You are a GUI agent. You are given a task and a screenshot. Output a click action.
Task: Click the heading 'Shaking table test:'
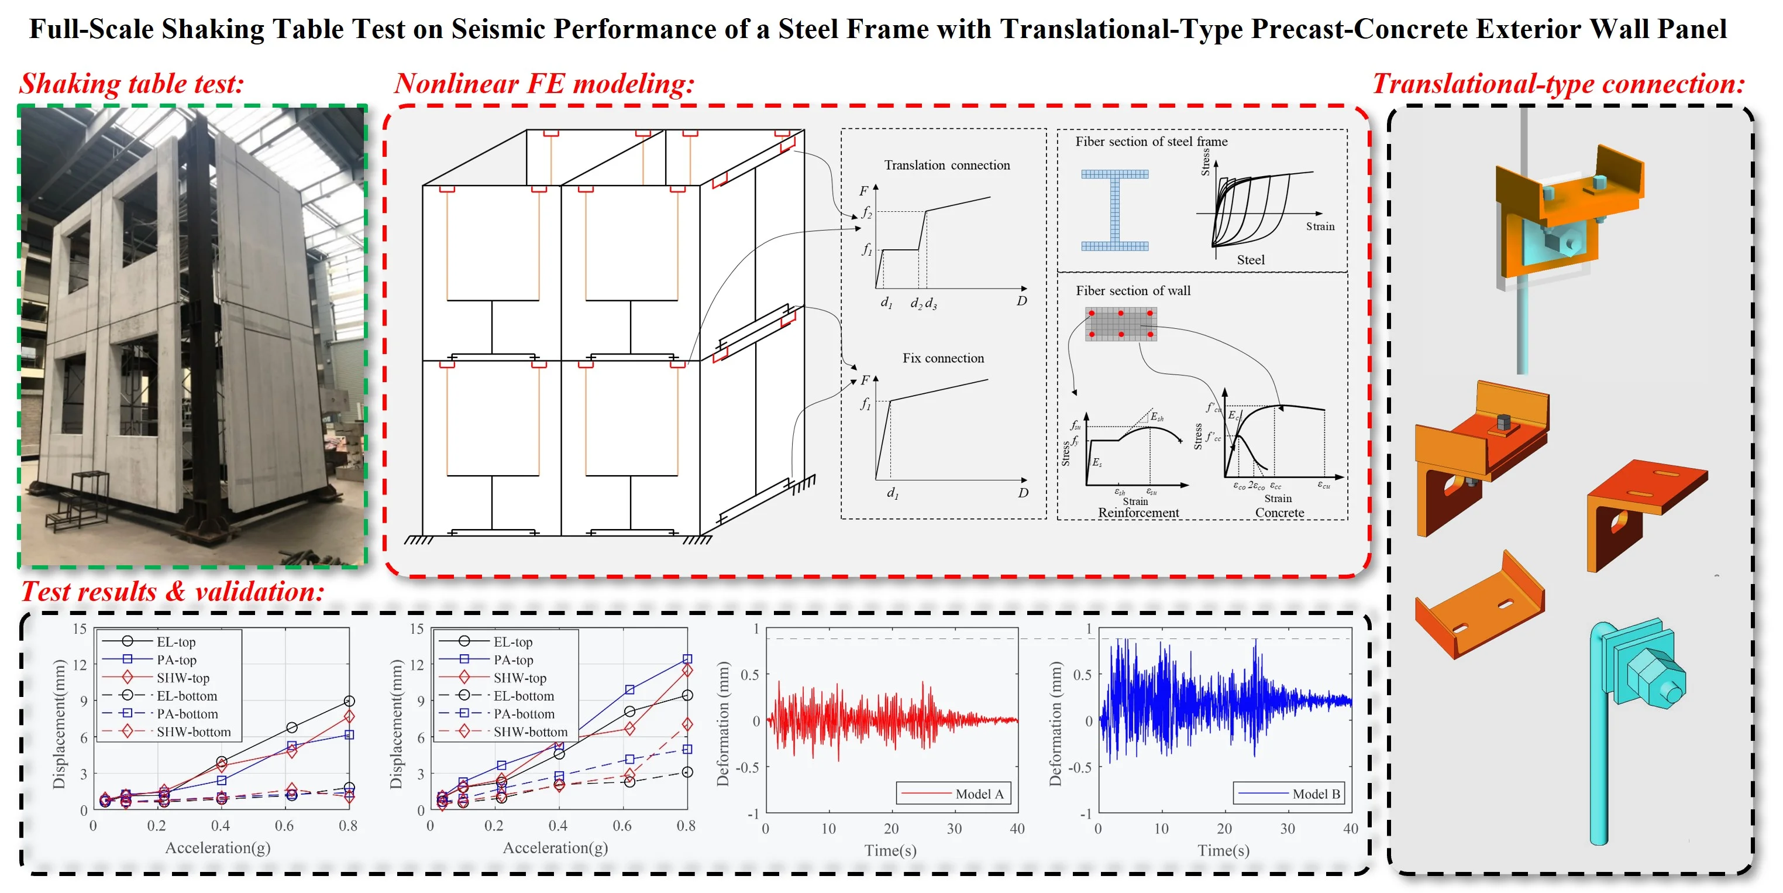click(x=132, y=84)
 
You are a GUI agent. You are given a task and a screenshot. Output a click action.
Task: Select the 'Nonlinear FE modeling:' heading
click(x=545, y=84)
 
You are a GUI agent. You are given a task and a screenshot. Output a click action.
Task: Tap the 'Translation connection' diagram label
click(x=947, y=165)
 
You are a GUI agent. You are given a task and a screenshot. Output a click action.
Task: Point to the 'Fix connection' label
click(x=943, y=358)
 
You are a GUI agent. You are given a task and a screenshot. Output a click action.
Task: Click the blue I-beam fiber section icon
click(x=1114, y=209)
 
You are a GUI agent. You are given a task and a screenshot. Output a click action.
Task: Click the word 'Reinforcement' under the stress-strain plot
click(x=1138, y=512)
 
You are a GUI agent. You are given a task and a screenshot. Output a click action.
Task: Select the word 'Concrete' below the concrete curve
click(x=1280, y=512)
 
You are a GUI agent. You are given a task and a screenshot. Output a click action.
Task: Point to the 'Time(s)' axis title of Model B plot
click(x=1224, y=850)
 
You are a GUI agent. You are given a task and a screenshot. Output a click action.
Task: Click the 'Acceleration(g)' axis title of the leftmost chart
click(x=218, y=847)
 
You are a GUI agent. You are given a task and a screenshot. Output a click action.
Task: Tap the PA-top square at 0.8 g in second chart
click(x=687, y=659)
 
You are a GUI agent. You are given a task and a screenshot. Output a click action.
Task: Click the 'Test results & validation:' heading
click(x=173, y=591)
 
